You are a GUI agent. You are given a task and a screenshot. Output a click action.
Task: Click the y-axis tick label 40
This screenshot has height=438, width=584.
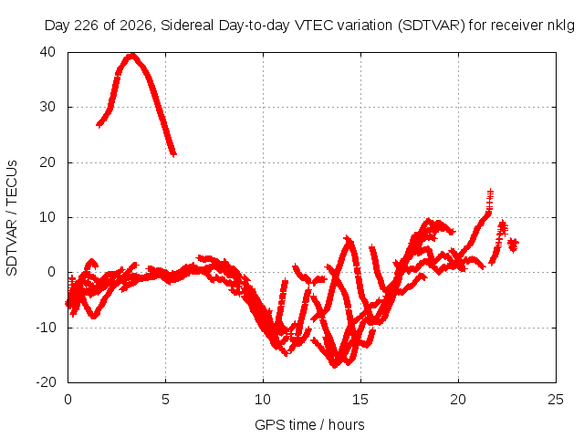click(x=47, y=52)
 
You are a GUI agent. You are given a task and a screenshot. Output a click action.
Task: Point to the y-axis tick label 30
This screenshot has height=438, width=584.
click(x=47, y=107)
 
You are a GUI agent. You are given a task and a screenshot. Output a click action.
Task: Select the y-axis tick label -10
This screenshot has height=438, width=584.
click(x=46, y=328)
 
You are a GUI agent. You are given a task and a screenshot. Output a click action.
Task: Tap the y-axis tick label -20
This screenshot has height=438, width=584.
click(x=46, y=382)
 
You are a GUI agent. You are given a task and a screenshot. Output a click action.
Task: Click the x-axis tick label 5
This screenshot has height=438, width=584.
click(x=165, y=400)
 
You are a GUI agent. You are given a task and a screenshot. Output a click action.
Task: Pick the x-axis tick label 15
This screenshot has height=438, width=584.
click(x=360, y=400)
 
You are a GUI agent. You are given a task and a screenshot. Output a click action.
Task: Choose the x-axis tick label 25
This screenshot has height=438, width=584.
click(x=556, y=400)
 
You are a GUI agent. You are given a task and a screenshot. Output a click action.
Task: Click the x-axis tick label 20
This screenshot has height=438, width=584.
click(x=458, y=400)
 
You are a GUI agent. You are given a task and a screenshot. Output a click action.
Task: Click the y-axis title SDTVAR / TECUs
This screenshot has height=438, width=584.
click(x=12, y=218)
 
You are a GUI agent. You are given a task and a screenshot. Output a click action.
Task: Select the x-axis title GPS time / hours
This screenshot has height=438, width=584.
click(x=309, y=424)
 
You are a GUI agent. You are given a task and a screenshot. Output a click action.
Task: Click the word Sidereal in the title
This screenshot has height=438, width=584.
click(x=187, y=26)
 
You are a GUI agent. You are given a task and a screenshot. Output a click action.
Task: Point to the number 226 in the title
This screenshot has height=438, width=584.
click(x=86, y=26)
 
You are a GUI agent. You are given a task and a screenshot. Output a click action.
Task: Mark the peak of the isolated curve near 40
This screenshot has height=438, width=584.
click(x=131, y=57)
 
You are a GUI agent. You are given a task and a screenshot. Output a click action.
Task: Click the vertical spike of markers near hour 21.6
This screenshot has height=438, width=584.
click(x=490, y=201)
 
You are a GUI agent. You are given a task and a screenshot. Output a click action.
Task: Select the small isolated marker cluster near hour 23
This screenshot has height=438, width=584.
click(x=513, y=245)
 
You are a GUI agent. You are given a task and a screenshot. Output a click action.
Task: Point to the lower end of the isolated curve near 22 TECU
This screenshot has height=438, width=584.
click(x=173, y=153)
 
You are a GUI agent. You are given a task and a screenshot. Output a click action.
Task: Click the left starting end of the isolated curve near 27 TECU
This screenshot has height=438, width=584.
click(x=99, y=124)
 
